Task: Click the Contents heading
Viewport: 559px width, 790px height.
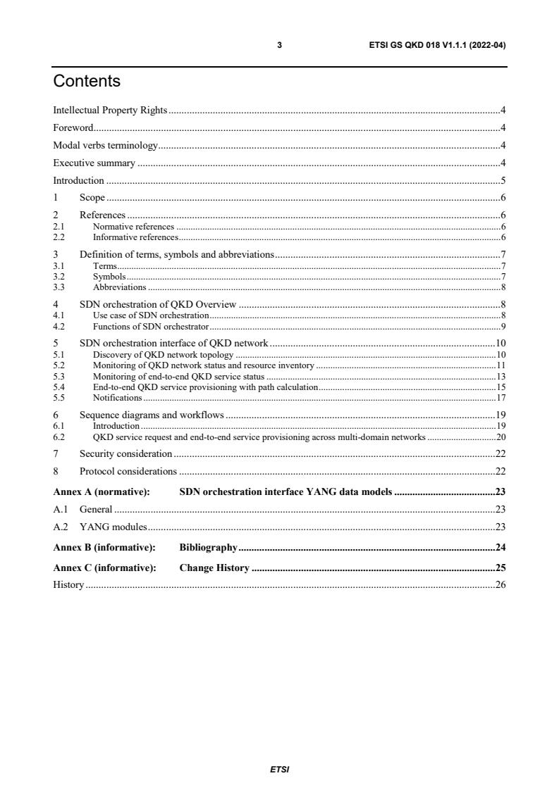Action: click(x=87, y=82)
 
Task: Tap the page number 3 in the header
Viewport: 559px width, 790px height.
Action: click(x=279, y=45)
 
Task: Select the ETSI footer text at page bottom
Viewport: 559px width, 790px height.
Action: click(x=279, y=770)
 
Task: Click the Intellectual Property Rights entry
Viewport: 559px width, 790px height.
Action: click(x=110, y=110)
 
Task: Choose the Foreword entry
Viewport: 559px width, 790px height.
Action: click(x=73, y=127)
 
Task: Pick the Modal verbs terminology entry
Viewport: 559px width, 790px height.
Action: click(x=106, y=146)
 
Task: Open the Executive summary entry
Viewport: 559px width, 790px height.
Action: click(x=94, y=163)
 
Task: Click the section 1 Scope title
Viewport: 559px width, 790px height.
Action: click(x=92, y=198)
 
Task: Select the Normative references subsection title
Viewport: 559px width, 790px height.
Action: click(x=133, y=227)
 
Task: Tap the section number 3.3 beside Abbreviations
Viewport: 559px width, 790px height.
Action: click(x=59, y=287)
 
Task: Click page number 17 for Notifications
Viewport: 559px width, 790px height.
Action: click(x=500, y=398)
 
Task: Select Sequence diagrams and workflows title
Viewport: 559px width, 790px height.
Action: click(x=152, y=415)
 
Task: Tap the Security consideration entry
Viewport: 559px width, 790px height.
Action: click(x=125, y=453)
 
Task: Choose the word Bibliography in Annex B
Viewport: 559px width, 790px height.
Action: click(x=208, y=546)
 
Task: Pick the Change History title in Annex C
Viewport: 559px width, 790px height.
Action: click(x=214, y=568)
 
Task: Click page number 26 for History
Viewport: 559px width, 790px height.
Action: click(x=500, y=584)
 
